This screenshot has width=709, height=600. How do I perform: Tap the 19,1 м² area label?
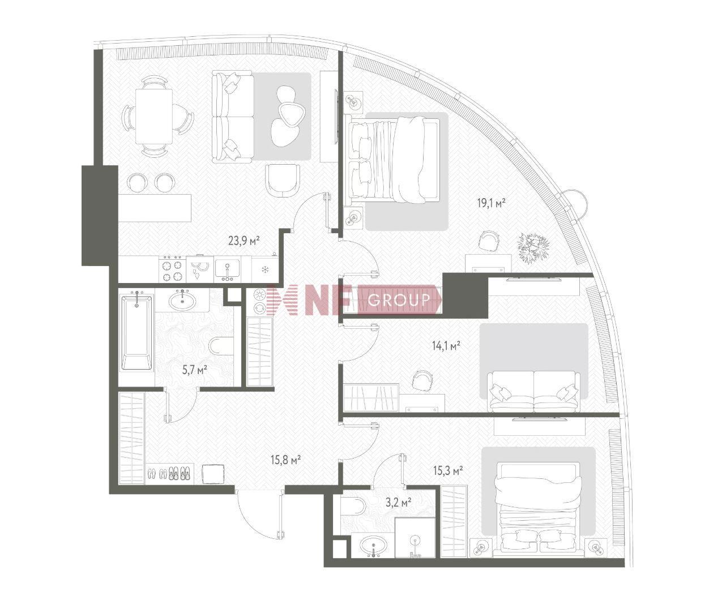pos(492,203)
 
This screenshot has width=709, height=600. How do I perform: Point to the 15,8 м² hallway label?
pos(286,460)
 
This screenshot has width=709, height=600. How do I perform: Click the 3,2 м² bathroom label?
pos(399,503)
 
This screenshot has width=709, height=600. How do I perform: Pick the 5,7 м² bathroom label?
pos(194,370)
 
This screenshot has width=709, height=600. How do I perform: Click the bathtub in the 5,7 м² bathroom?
pos(137,333)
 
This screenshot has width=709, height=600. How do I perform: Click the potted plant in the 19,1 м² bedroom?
pos(533,248)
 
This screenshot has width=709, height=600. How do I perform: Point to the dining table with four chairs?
pos(154,117)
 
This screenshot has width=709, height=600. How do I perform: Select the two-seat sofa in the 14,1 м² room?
pos(533,392)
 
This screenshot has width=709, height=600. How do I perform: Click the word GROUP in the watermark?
pos(399,301)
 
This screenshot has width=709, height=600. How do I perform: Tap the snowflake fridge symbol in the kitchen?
pos(265,270)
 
